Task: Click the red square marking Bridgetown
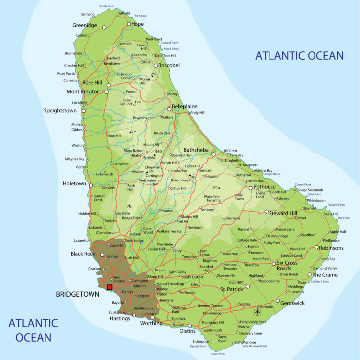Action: (110, 287)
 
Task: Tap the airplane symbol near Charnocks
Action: (257, 312)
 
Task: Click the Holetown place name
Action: (74, 183)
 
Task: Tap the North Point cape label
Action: (110, 6)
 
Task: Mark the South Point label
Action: (218, 354)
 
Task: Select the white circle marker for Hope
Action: (129, 24)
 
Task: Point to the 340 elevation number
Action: (158, 151)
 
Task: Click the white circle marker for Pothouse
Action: (250, 188)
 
